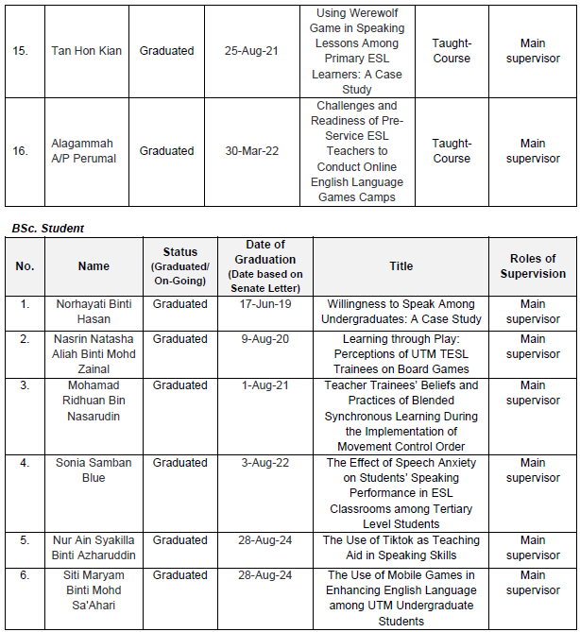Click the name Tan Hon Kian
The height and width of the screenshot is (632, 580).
(x=86, y=51)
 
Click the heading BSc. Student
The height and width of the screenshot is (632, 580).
(x=48, y=228)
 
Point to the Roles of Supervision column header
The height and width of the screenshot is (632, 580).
(x=532, y=266)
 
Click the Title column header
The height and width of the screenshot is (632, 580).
(x=401, y=266)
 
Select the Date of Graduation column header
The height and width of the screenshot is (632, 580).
(x=265, y=259)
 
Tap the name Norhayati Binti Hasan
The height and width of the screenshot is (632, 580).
(x=94, y=312)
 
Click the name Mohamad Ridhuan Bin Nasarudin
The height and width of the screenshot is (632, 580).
(x=94, y=401)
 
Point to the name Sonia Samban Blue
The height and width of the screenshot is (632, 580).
(x=94, y=470)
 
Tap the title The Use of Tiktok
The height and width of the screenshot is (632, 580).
(x=401, y=548)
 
